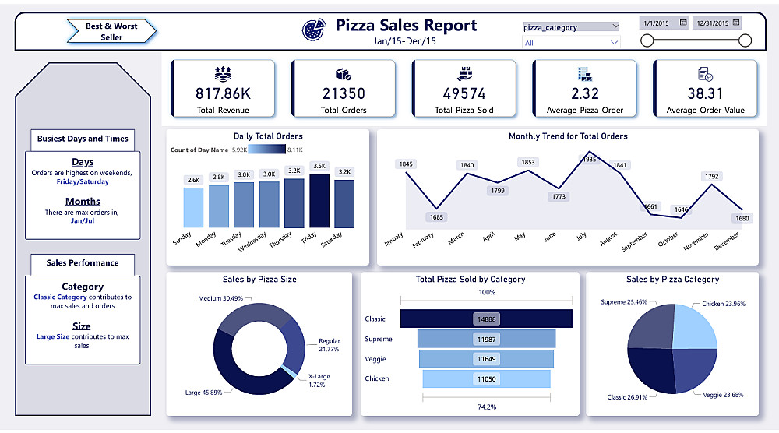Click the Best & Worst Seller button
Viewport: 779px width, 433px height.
[111, 32]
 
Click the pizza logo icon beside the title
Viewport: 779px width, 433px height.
[314, 30]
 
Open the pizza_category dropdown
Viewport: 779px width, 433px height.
[571, 27]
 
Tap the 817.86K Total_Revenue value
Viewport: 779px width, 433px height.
[222, 93]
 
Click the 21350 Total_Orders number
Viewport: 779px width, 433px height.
[344, 93]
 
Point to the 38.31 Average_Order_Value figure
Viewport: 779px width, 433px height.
[705, 93]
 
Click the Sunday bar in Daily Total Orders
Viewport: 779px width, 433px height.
[193, 207]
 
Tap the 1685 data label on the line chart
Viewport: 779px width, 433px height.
[435, 217]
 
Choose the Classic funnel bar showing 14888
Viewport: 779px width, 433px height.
[486, 319]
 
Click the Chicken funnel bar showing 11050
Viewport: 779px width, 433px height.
[486, 378]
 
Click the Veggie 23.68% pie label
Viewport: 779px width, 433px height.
[723, 395]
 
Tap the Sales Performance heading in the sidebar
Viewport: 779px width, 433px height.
[83, 263]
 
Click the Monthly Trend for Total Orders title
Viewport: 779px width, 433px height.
[568, 136]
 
